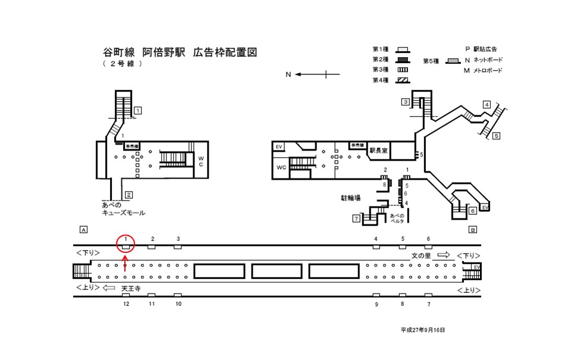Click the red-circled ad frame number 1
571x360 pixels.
[126, 242]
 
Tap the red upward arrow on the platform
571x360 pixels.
[125, 263]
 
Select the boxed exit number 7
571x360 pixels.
[356, 219]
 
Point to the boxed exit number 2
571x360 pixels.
[128, 195]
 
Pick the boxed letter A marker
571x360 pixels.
[83, 230]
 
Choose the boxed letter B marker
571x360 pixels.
[473, 230]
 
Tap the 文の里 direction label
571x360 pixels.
[422, 255]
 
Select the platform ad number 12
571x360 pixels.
[126, 303]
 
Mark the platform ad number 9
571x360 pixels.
[376, 304]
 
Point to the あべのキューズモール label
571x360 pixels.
[124, 209]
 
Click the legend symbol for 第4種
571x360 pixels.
[403, 80]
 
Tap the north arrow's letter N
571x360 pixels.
[288, 74]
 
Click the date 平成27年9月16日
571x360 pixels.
[422, 329]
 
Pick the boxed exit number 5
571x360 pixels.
[496, 136]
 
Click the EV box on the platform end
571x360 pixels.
[476, 268]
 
